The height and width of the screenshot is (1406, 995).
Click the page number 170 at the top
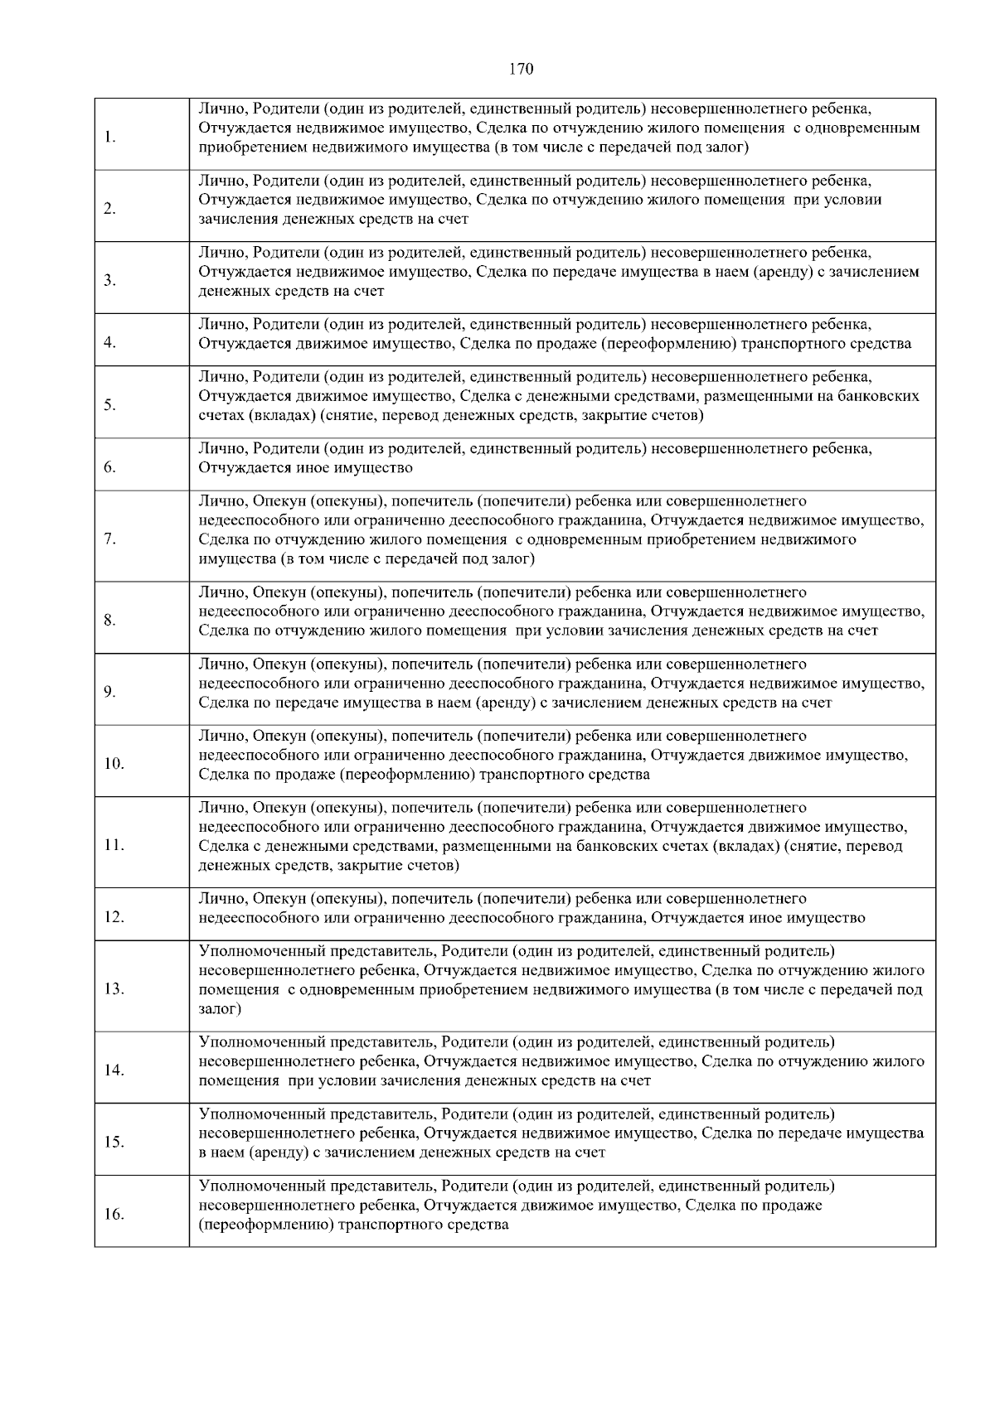521,69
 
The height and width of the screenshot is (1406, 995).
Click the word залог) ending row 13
220,1008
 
